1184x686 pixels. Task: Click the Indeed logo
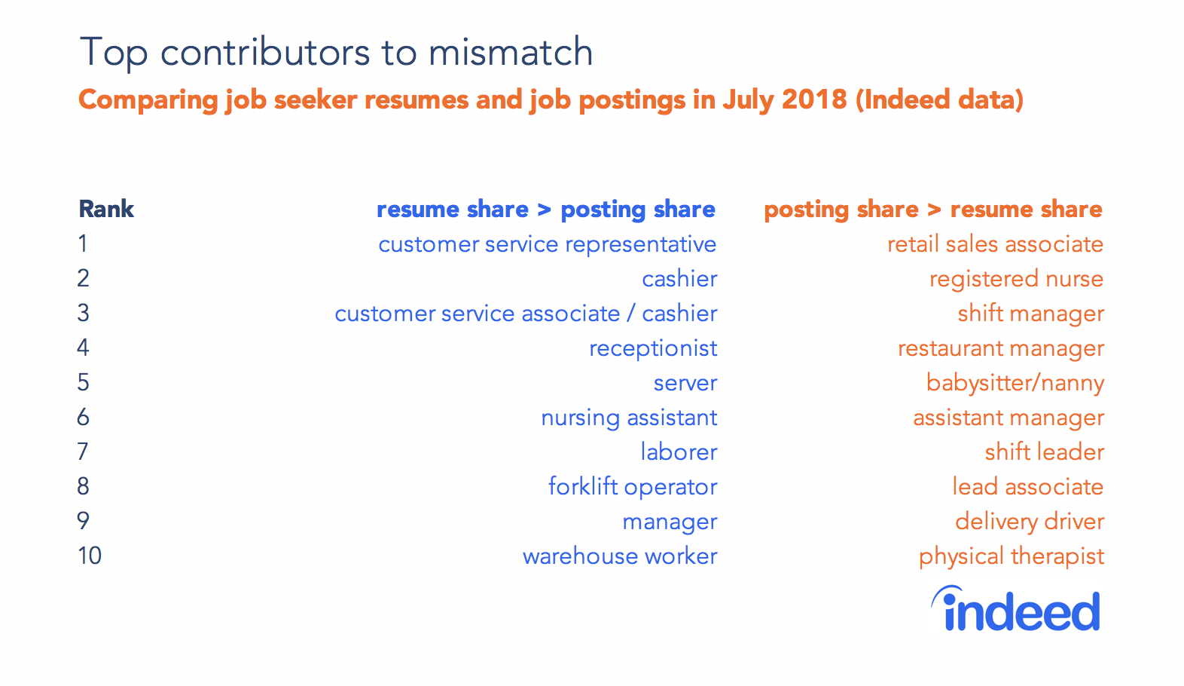point(1016,608)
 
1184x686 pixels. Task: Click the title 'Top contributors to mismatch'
point(336,52)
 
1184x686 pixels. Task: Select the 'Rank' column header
point(106,209)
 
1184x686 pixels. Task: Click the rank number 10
point(90,556)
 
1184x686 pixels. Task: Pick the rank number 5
point(83,382)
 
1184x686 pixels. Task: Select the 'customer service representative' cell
point(548,244)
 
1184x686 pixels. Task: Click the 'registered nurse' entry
point(1017,279)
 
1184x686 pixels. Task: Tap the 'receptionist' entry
point(653,348)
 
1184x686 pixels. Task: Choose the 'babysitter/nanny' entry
point(1015,383)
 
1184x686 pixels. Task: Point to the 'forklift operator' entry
point(633,486)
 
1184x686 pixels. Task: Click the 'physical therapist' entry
point(1012,556)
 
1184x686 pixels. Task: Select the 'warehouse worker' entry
point(620,556)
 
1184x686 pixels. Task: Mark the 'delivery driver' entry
point(1030,522)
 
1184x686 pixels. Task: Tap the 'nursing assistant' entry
point(629,418)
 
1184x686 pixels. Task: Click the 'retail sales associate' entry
point(995,244)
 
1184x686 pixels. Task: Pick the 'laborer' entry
point(679,452)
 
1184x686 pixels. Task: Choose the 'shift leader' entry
point(1045,452)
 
